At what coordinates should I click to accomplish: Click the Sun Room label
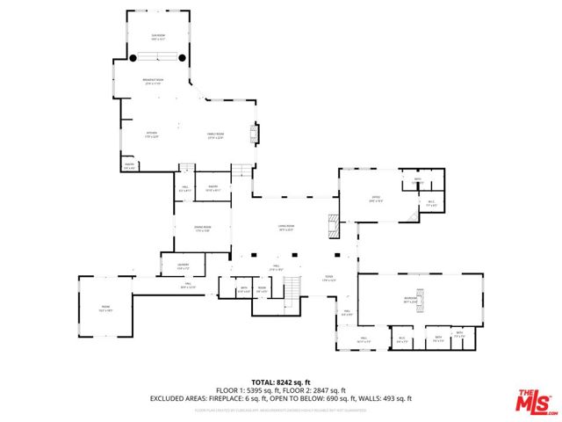tap(158, 37)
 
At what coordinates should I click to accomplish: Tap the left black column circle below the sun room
tap(133, 58)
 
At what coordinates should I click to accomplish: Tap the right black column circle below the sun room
tap(183, 58)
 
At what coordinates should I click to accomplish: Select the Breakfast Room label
tap(155, 82)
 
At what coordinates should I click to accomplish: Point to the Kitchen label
tap(152, 135)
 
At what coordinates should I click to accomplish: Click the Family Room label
tap(215, 135)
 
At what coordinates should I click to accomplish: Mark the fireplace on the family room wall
tap(256, 134)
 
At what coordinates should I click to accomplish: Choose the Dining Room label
tap(203, 229)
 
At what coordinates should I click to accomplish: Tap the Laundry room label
tap(183, 266)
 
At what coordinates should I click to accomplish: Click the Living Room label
tap(285, 227)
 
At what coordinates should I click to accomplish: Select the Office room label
tap(375, 198)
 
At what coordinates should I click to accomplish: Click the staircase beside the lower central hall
tap(292, 287)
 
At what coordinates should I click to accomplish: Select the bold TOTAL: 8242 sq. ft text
tap(281, 381)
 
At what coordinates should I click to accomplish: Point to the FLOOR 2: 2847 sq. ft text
tap(317, 389)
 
